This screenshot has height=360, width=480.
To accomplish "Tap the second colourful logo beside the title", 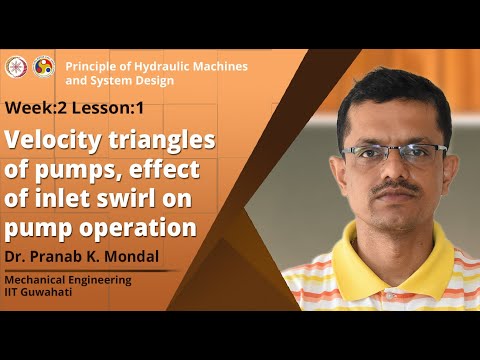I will point(44,66).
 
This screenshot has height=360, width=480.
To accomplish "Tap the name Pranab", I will point(64,257).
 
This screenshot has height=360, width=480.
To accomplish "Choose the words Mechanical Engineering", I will point(68,279).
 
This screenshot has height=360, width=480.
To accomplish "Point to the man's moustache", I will point(398,189).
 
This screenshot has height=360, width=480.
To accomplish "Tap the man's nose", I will point(397,170).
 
